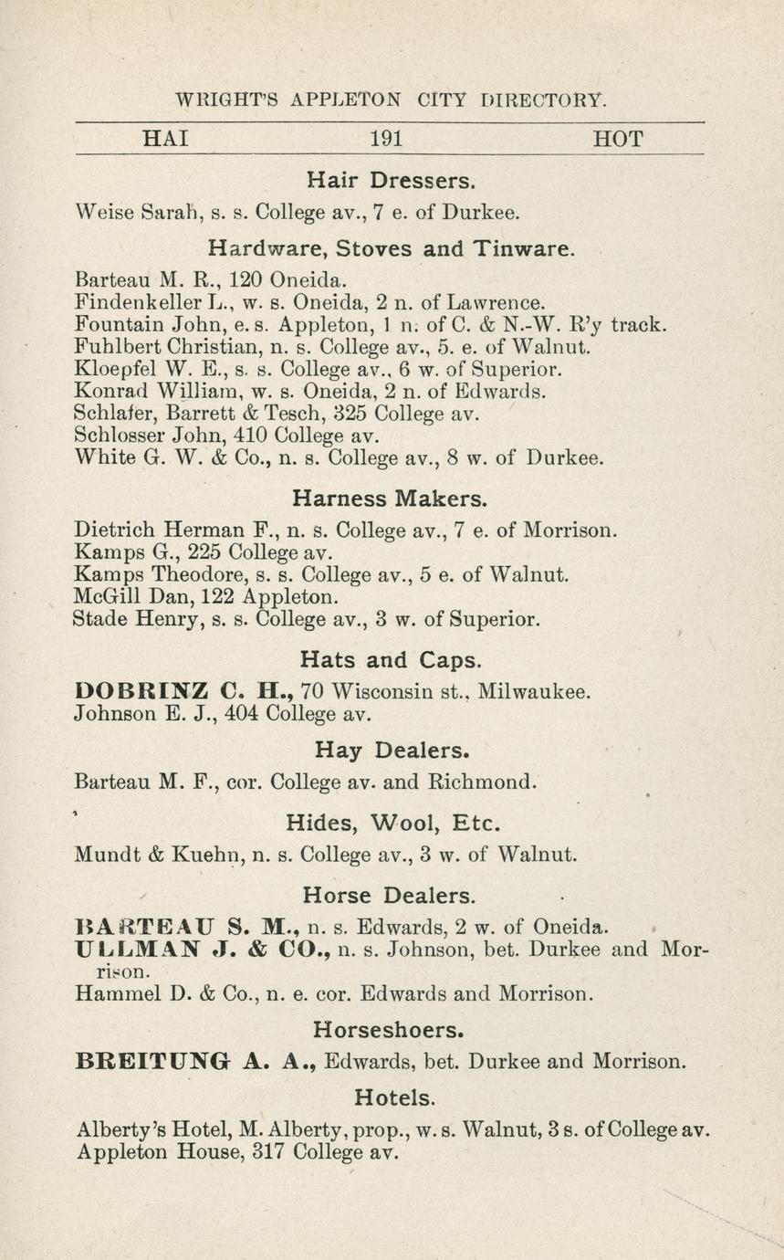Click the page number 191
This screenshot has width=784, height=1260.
pyautogui.click(x=387, y=140)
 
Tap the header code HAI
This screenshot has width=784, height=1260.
pyautogui.click(x=166, y=140)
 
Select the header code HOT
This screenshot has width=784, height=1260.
pyautogui.click(x=618, y=140)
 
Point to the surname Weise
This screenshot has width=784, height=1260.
pyautogui.click(x=104, y=214)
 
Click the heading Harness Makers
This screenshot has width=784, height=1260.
pyautogui.click(x=390, y=499)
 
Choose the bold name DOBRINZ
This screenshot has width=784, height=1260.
pyautogui.click(x=135, y=691)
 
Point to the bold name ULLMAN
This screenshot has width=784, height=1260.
pyautogui.click(x=140, y=949)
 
